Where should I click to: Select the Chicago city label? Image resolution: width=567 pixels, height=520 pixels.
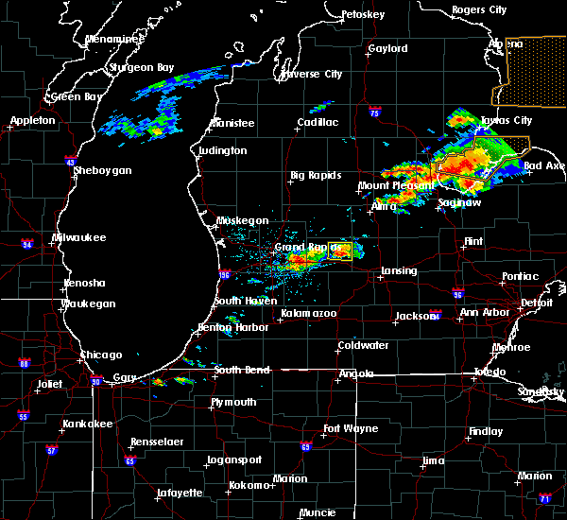(x=101, y=355)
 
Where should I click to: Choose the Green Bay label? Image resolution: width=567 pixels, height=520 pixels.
(x=77, y=96)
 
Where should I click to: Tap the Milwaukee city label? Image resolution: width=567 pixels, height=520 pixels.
(x=79, y=237)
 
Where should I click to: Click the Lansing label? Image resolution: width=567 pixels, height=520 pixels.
(x=398, y=271)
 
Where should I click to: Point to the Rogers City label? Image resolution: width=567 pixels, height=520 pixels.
(x=479, y=9)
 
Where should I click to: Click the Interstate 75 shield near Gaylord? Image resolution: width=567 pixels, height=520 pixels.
(x=376, y=111)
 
